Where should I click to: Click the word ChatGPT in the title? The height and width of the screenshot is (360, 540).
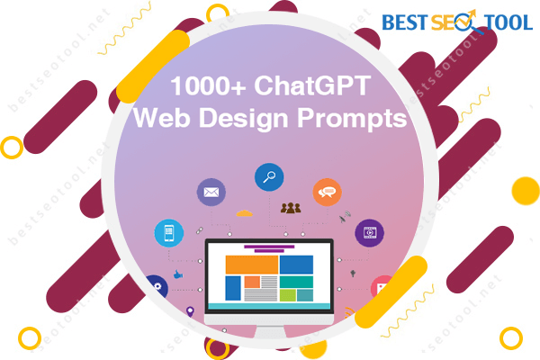coord(312,85)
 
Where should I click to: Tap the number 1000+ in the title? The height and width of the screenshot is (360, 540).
coord(208,85)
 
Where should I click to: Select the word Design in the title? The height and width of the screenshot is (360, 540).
coord(244,118)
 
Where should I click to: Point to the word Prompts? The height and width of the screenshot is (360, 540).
coord(352,119)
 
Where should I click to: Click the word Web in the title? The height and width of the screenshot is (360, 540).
coord(162,118)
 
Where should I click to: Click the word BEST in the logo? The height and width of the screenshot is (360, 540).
coord(405,22)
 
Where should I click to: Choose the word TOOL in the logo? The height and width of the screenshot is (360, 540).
coord(508,22)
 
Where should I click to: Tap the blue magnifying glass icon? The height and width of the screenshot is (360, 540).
coord(269,177)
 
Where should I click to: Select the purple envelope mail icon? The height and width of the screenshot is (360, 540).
coord(211,193)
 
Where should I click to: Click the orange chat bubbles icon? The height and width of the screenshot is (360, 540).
coord(328,193)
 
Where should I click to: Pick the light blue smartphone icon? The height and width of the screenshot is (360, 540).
coord(169,233)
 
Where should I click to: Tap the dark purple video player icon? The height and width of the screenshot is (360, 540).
coord(370,233)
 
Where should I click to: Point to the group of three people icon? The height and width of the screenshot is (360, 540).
coord(291,208)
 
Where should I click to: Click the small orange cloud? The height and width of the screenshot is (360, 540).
coord(245,213)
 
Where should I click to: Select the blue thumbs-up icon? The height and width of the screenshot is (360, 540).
coord(177,274)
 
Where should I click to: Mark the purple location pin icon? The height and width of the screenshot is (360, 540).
coord(190,311)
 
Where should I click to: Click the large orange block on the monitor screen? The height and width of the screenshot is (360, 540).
coord(252,265)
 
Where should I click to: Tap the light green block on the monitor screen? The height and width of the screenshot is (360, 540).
coord(288,295)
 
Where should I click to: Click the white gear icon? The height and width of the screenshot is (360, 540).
coord(157,286)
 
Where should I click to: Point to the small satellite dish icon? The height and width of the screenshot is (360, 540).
coord(345,217)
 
